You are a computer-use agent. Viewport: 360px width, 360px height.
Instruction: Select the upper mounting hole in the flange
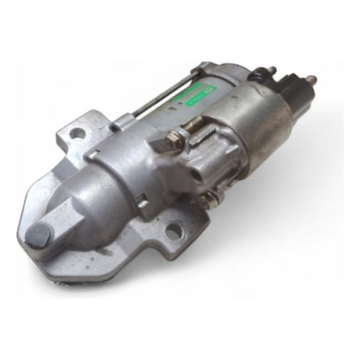pos(77,133)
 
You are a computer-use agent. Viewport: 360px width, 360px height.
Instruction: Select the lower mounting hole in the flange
pos(173,230)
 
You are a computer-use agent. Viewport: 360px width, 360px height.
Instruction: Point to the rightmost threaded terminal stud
pos(311,80)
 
